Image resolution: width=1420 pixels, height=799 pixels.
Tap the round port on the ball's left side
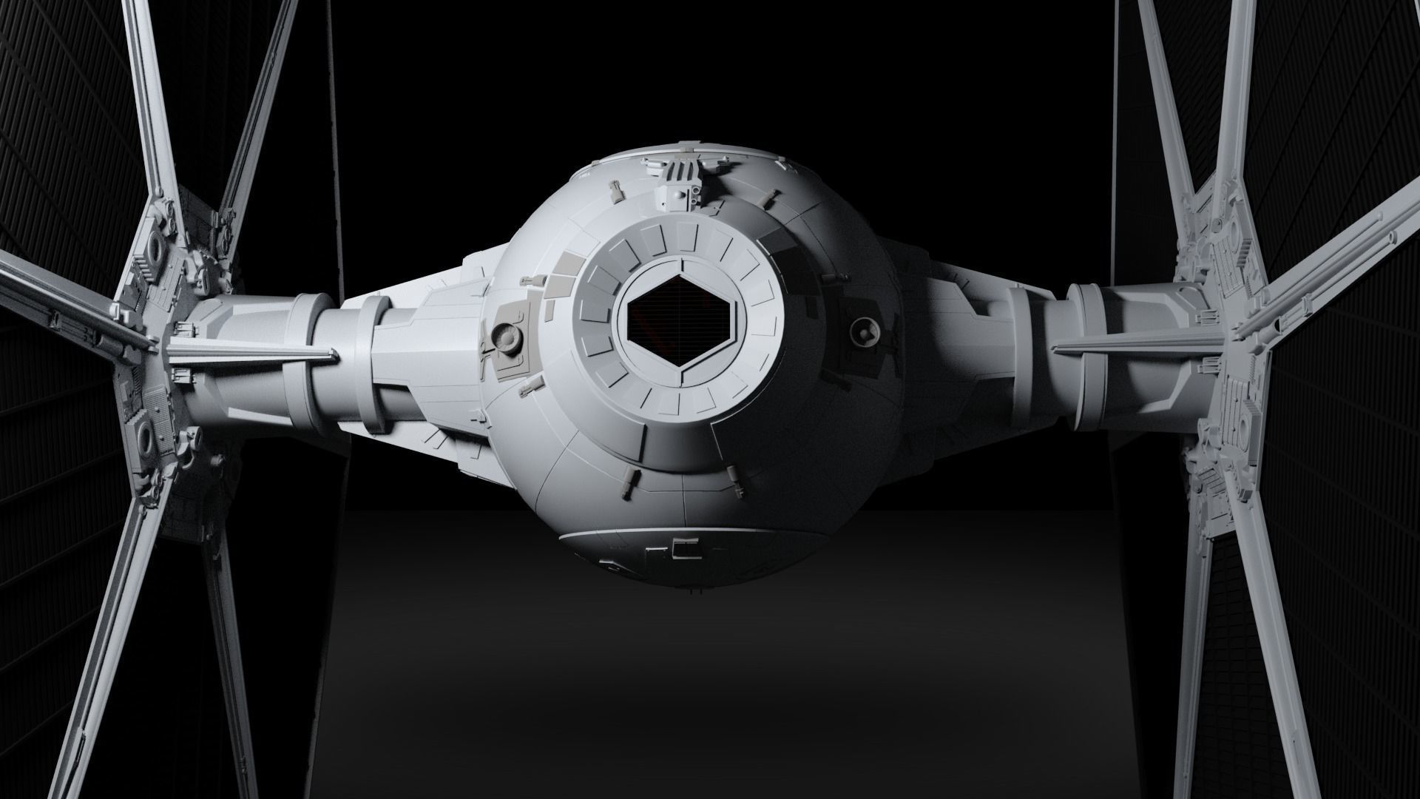coord(507,337)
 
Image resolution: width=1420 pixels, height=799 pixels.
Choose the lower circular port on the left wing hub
coord(145,436)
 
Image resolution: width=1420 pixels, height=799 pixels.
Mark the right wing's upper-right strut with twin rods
coord(1331,237)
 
